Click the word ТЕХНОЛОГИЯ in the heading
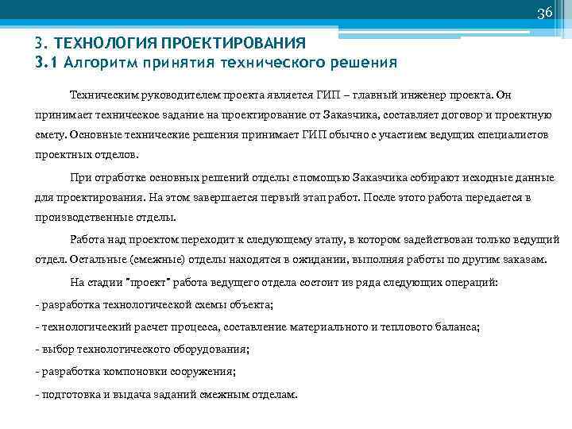click(x=102, y=43)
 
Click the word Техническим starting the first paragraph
click(x=102, y=94)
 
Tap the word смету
click(x=52, y=135)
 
